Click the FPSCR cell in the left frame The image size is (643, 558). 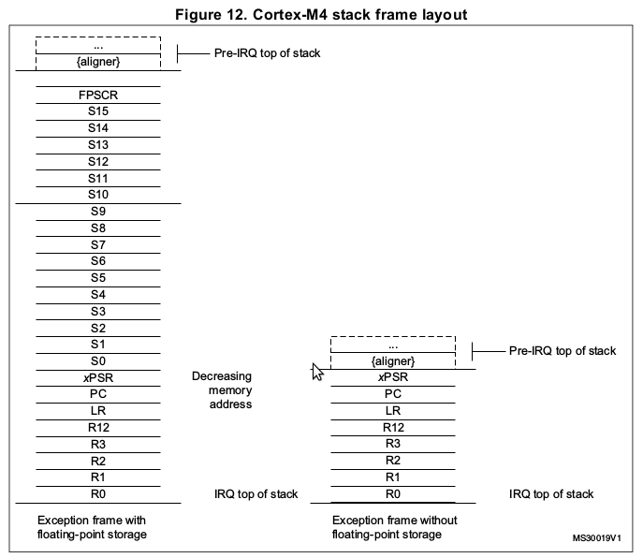click(98, 95)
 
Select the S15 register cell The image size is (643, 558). click(98, 111)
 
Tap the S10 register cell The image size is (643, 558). click(98, 194)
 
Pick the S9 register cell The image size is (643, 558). click(98, 212)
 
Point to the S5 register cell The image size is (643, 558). click(98, 277)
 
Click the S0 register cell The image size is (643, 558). click(98, 360)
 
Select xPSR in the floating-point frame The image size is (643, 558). click(98, 377)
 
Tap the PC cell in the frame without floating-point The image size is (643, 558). click(393, 394)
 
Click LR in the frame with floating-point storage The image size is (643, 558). click(98, 411)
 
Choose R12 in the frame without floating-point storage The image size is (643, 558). click(393, 427)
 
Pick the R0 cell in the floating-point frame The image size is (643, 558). click(98, 493)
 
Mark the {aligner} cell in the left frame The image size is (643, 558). click(98, 61)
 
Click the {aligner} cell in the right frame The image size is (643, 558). click(393, 360)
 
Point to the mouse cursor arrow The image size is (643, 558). click(316, 372)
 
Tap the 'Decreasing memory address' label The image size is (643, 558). click(222, 390)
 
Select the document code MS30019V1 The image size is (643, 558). click(597, 538)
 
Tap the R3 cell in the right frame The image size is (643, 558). click(393, 444)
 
